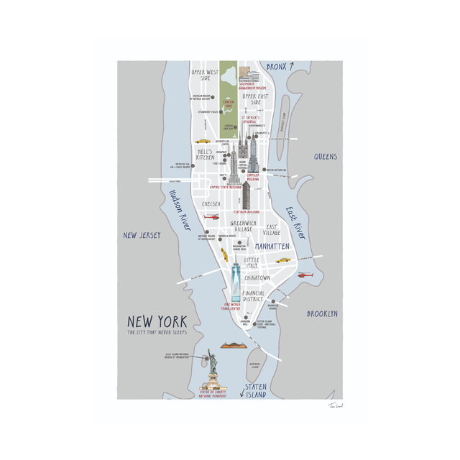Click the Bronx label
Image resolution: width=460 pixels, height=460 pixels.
(277, 67)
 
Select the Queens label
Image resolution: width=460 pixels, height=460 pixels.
(325, 156)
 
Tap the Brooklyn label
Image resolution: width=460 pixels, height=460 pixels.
(321, 314)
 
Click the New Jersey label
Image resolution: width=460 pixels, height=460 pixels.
(141, 235)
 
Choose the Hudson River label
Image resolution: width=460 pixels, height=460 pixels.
(179, 209)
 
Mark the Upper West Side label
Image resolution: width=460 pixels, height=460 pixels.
(205, 76)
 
